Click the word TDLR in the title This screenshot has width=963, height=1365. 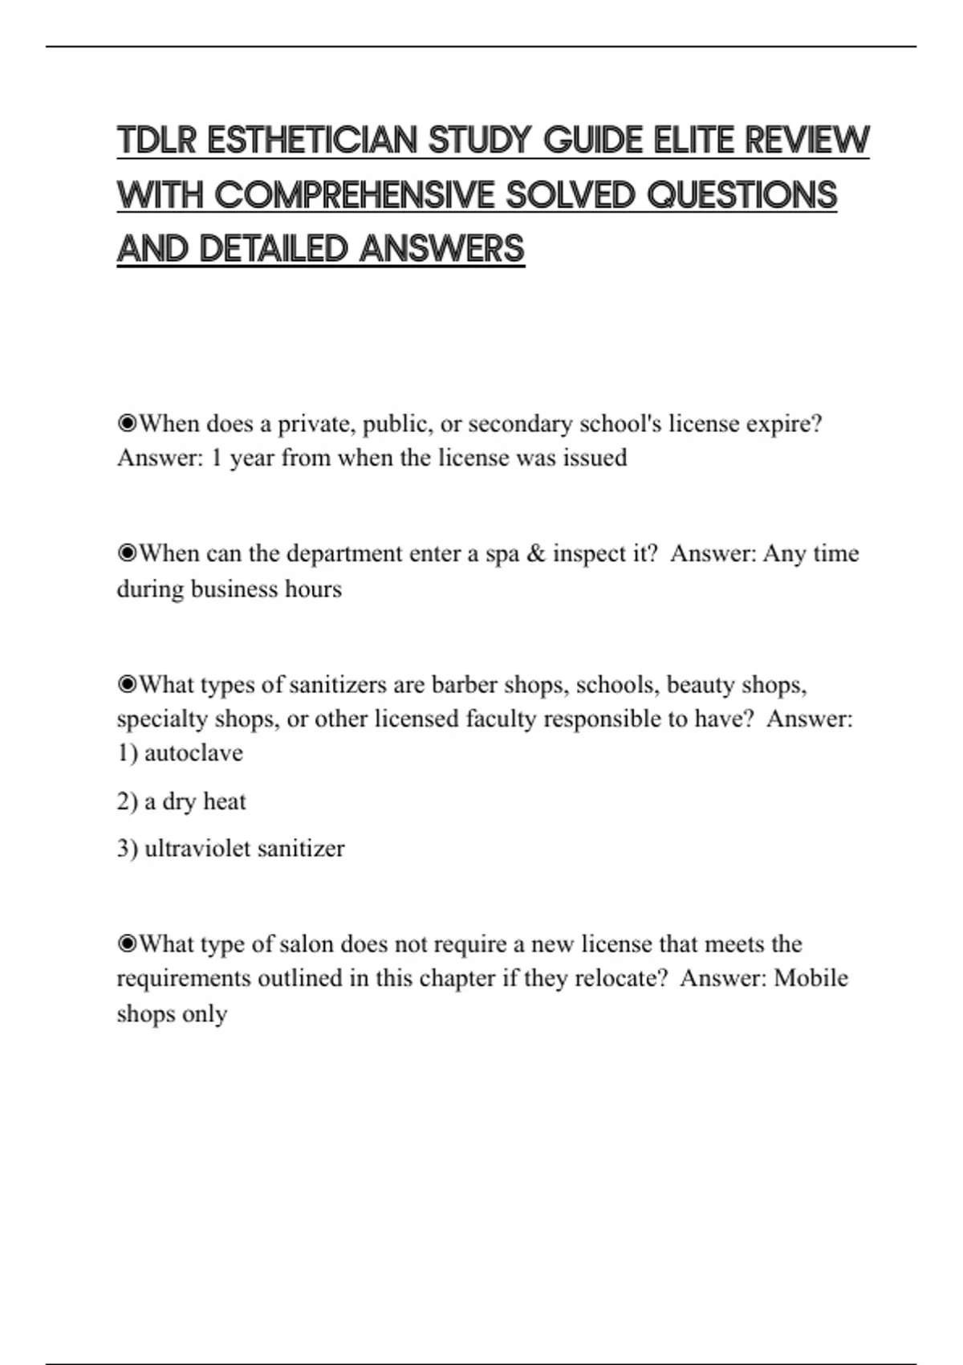(156, 141)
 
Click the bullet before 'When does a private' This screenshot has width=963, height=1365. (127, 423)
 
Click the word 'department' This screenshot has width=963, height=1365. (344, 554)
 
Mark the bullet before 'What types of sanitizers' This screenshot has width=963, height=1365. (127, 685)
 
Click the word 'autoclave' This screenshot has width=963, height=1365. (193, 753)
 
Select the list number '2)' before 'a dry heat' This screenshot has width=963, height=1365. (128, 801)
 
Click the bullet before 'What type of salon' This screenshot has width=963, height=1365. (127, 944)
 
